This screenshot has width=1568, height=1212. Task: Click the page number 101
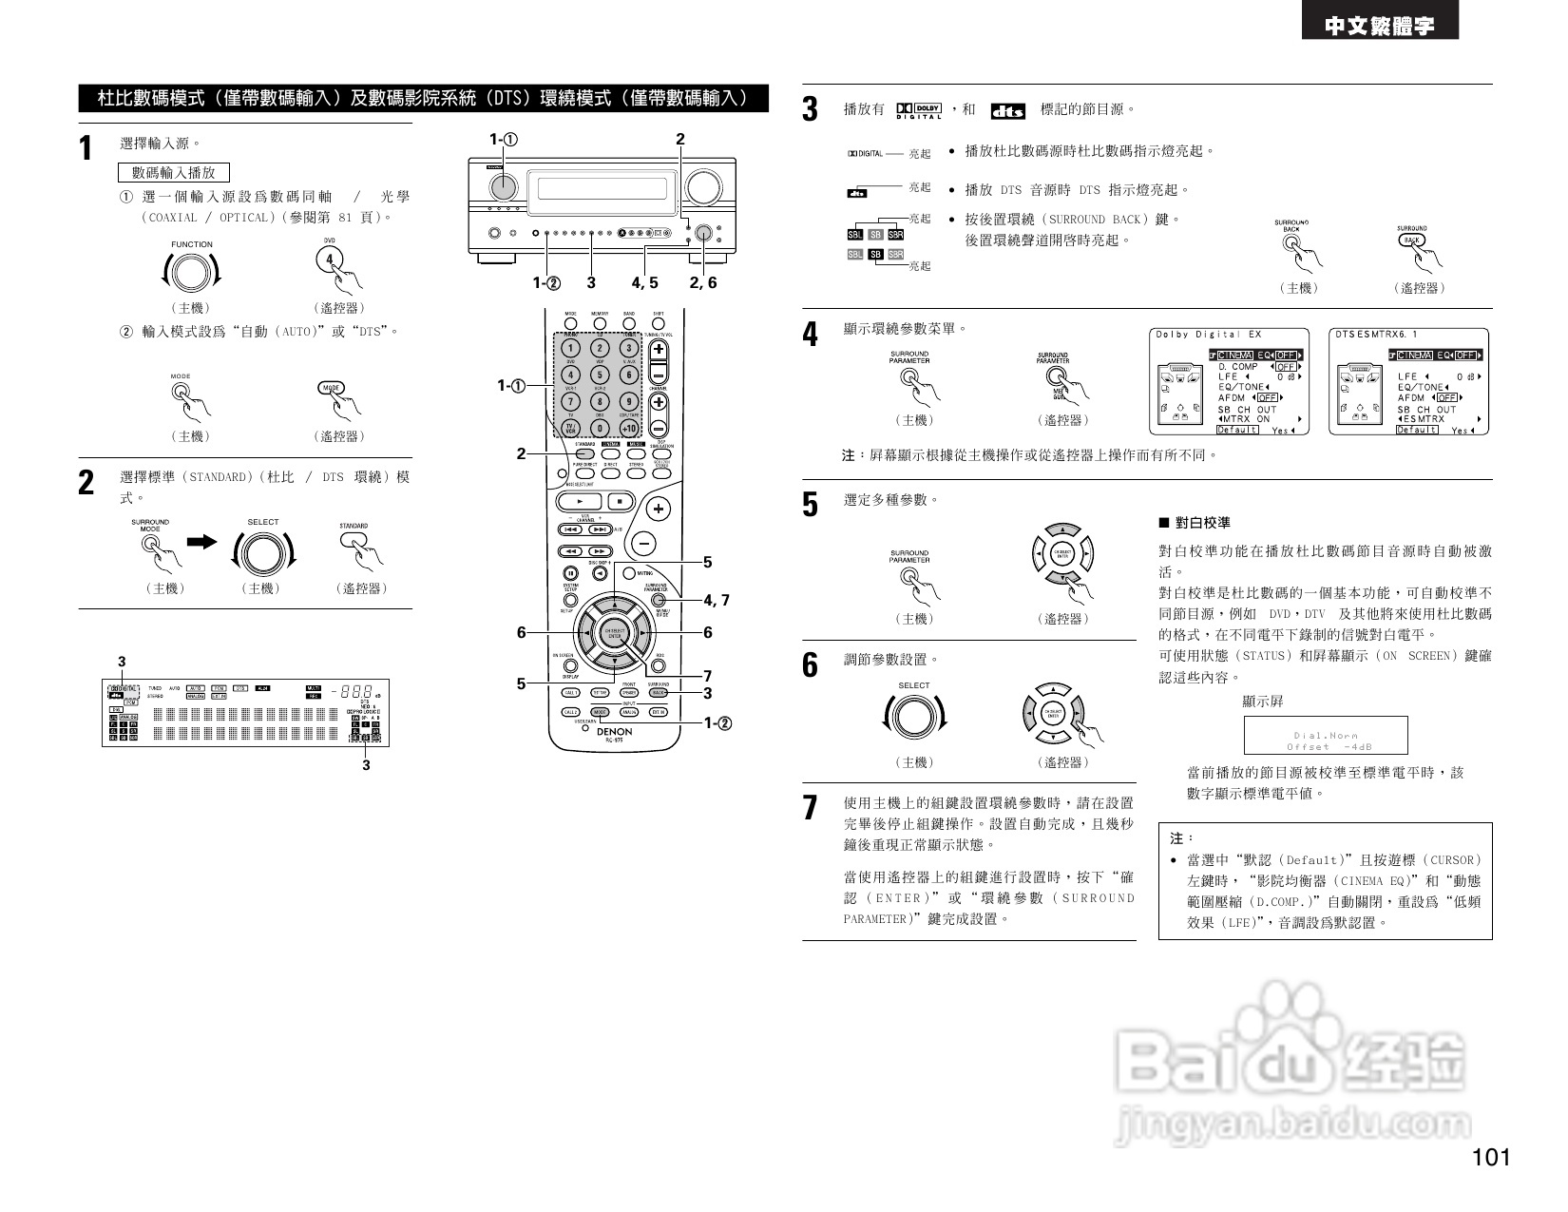pos(1490,1157)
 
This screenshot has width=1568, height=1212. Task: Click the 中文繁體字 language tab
pos(1379,27)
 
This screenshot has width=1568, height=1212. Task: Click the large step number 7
pos(810,808)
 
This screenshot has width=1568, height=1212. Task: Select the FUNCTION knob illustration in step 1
pos(191,274)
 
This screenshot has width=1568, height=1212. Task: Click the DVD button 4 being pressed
pos(330,259)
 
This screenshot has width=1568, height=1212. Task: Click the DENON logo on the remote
pos(614,732)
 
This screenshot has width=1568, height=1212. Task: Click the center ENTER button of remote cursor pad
pos(615,632)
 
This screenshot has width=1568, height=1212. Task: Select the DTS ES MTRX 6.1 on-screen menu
pos(1408,381)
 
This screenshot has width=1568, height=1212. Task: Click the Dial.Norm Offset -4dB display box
pos(1325,736)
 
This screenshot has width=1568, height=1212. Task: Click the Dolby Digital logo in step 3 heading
pos(918,110)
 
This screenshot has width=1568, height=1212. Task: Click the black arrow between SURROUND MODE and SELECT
pos(202,542)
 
